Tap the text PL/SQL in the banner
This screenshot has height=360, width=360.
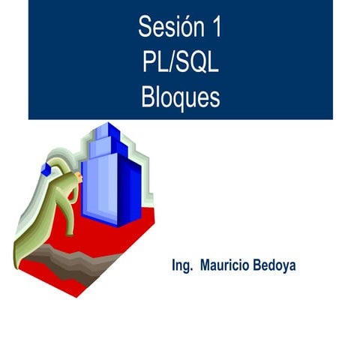click(x=180, y=63)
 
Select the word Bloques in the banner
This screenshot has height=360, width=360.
click(x=180, y=97)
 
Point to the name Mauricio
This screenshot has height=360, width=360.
click(x=227, y=266)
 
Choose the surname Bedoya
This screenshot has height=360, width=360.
click(x=276, y=266)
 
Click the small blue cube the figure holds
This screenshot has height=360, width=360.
click(x=45, y=171)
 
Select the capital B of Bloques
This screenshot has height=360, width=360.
click(x=146, y=97)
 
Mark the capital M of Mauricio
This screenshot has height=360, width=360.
click(x=205, y=266)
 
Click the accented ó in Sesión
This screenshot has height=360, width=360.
click(x=184, y=28)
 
